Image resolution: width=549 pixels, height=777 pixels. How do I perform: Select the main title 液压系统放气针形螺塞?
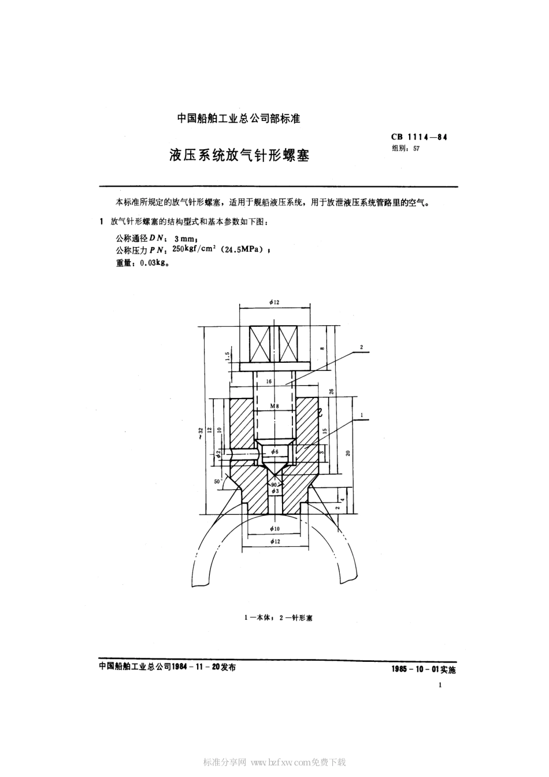(x=239, y=155)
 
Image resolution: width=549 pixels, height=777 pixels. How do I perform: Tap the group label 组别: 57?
(x=406, y=148)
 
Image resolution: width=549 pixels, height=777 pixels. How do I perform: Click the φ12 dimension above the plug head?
(x=274, y=302)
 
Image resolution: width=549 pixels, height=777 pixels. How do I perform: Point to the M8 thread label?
(x=274, y=407)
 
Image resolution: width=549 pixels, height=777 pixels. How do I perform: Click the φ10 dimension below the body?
(x=274, y=529)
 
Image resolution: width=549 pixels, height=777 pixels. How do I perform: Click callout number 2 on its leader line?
(x=361, y=347)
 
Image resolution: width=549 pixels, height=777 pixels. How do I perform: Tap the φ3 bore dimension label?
(x=275, y=491)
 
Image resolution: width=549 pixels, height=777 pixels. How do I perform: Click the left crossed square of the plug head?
(x=259, y=344)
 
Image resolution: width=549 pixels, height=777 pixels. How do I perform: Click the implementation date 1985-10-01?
(x=414, y=670)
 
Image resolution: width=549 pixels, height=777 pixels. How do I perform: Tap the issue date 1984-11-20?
(x=195, y=666)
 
